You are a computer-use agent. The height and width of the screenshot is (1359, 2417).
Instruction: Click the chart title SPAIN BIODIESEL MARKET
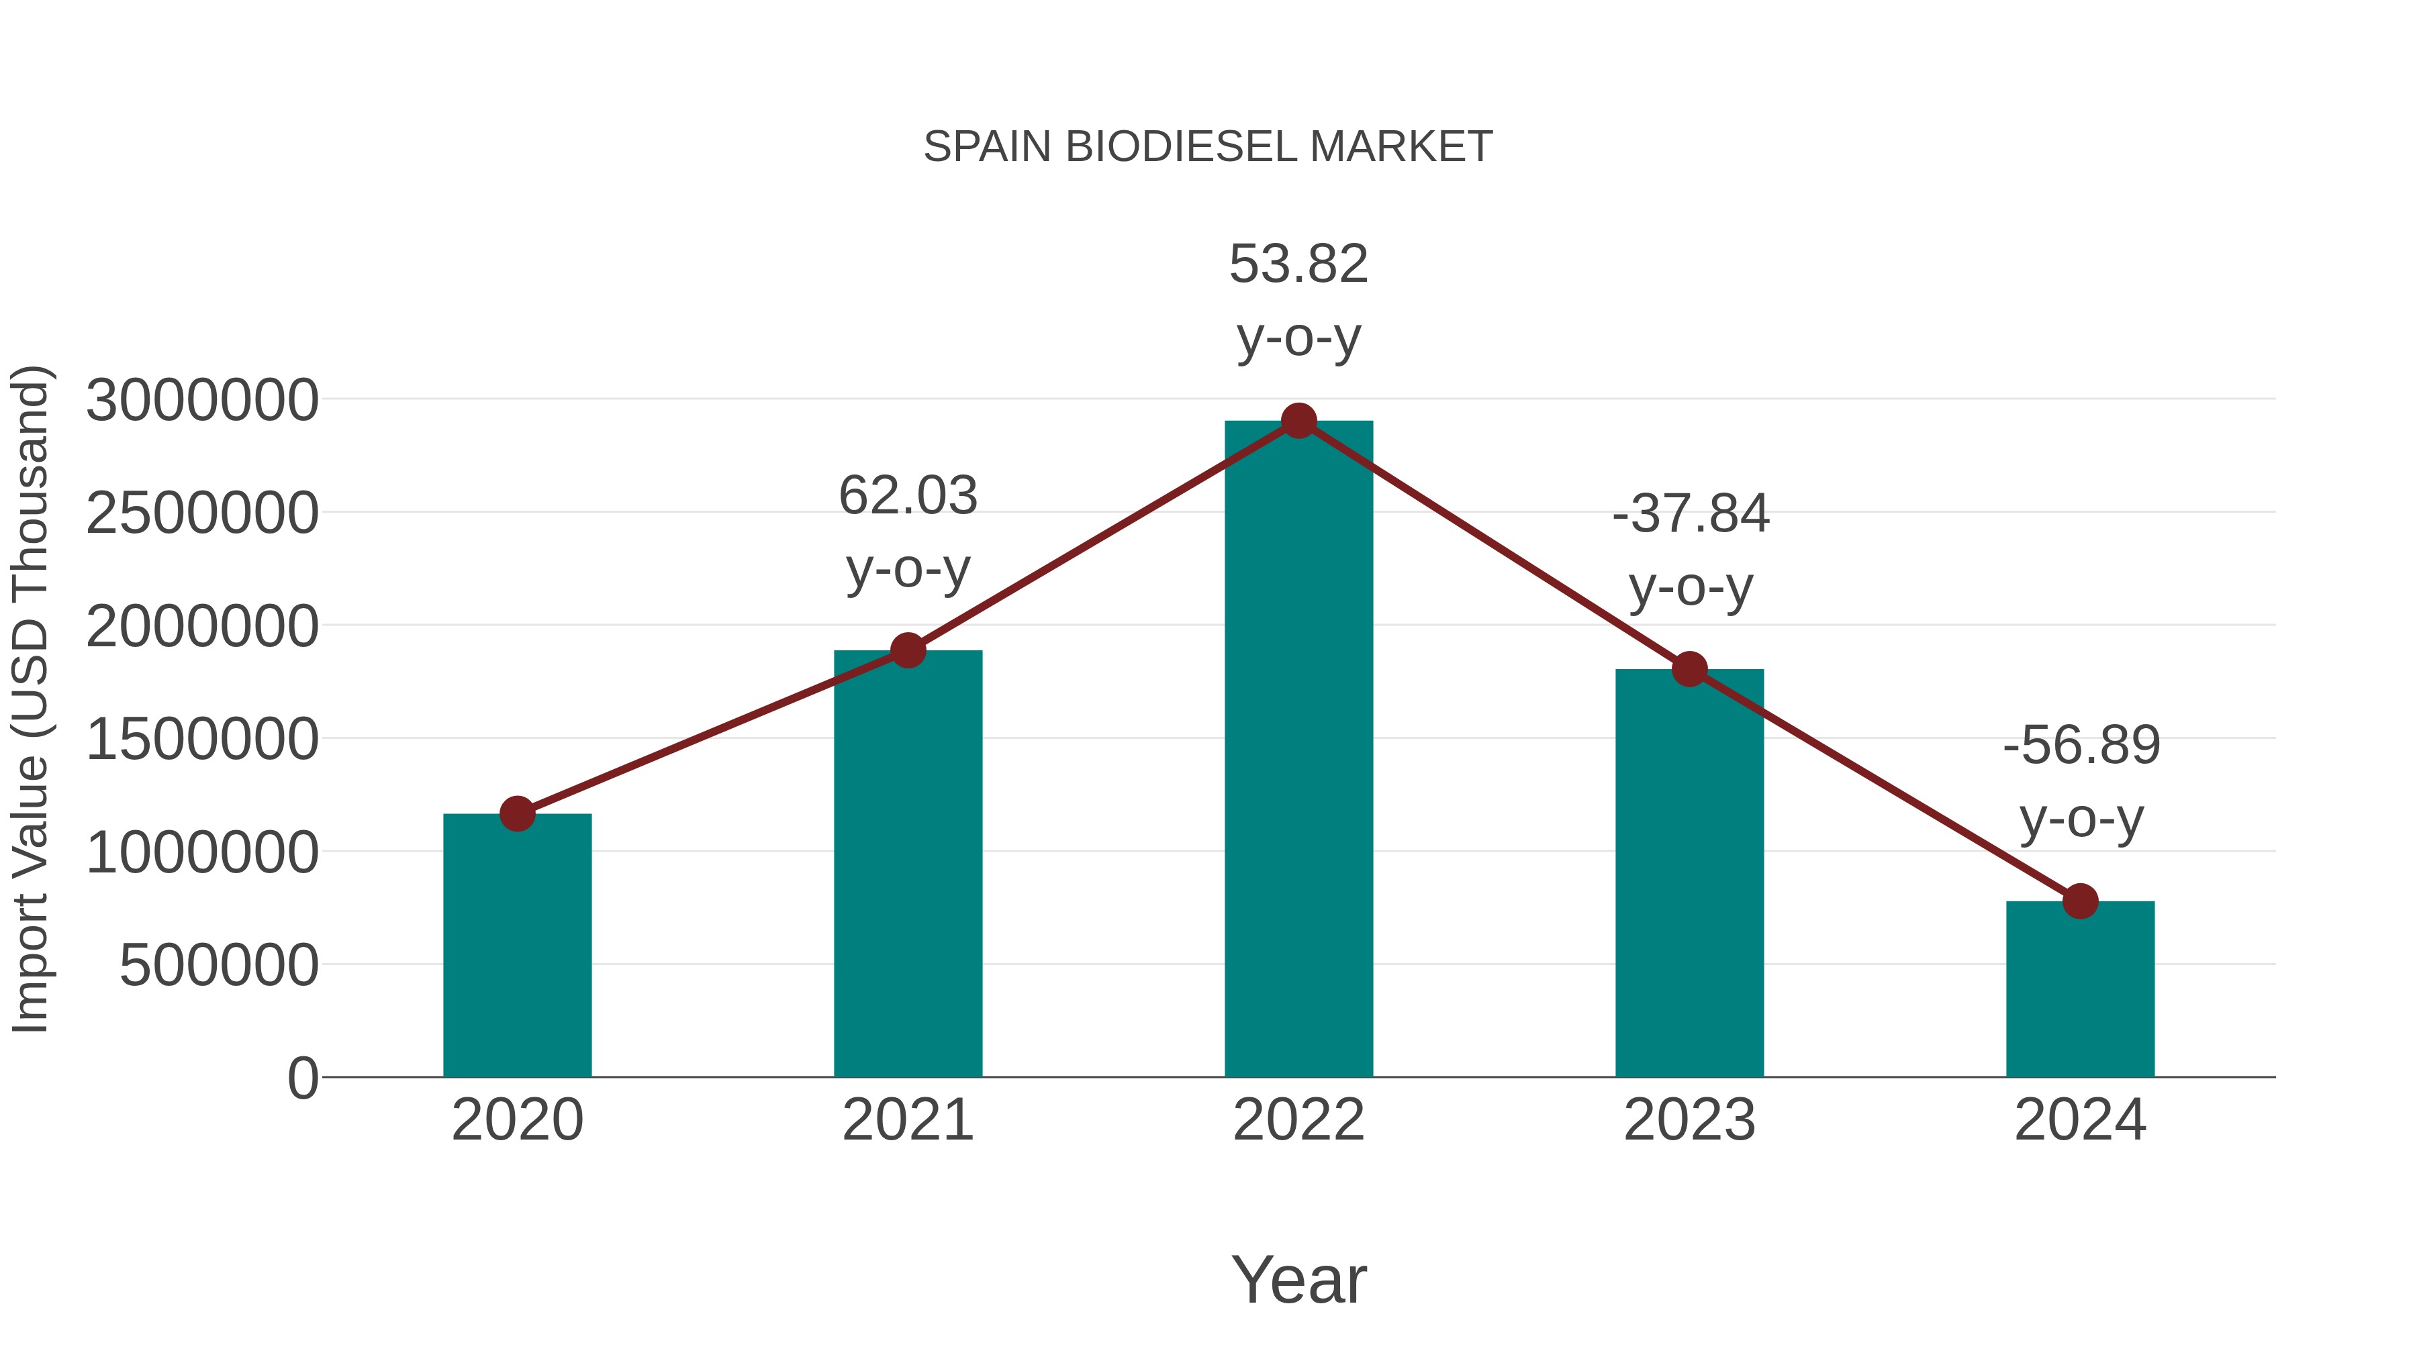(1208, 147)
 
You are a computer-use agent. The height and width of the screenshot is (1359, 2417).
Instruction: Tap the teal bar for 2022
(1298, 750)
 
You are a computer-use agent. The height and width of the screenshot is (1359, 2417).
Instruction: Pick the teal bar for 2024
(2080, 989)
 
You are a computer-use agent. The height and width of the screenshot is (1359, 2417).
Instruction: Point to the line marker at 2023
(1689, 670)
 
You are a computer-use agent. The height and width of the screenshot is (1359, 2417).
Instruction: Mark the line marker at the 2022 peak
(1298, 421)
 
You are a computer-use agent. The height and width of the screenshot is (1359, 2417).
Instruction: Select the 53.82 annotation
(1298, 264)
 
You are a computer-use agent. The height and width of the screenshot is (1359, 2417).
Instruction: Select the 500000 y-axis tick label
(219, 965)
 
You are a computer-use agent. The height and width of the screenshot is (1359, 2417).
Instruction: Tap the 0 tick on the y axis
(303, 1078)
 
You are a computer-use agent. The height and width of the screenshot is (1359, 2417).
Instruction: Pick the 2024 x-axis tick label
(2080, 1120)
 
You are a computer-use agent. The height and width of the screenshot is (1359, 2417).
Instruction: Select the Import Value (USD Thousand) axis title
(30, 700)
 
